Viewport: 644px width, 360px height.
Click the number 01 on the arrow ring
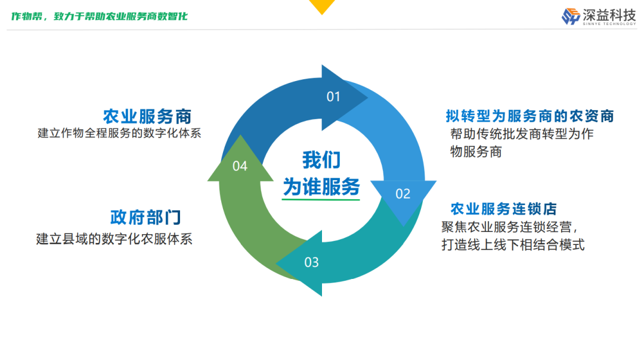coord(333,97)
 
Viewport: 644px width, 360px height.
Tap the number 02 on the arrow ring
coord(403,194)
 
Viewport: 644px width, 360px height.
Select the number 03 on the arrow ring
coord(311,262)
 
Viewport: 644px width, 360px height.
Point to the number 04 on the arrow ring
coord(240,166)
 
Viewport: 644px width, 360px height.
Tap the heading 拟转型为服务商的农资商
coord(530,116)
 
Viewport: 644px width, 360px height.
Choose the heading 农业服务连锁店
coord(503,209)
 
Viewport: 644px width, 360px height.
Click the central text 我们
coord(321,161)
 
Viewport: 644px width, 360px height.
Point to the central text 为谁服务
coord(321,187)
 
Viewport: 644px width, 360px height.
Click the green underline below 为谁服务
coord(321,200)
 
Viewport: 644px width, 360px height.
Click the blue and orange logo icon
coord(571,16)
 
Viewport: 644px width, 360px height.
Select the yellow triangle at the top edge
coord(323,6)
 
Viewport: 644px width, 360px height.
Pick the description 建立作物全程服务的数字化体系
coord(119,133)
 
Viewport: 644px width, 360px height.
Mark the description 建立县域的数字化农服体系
coord(114,239)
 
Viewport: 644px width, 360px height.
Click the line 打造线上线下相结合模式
coord(513,244)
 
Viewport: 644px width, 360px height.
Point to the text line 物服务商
coord(476,151)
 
